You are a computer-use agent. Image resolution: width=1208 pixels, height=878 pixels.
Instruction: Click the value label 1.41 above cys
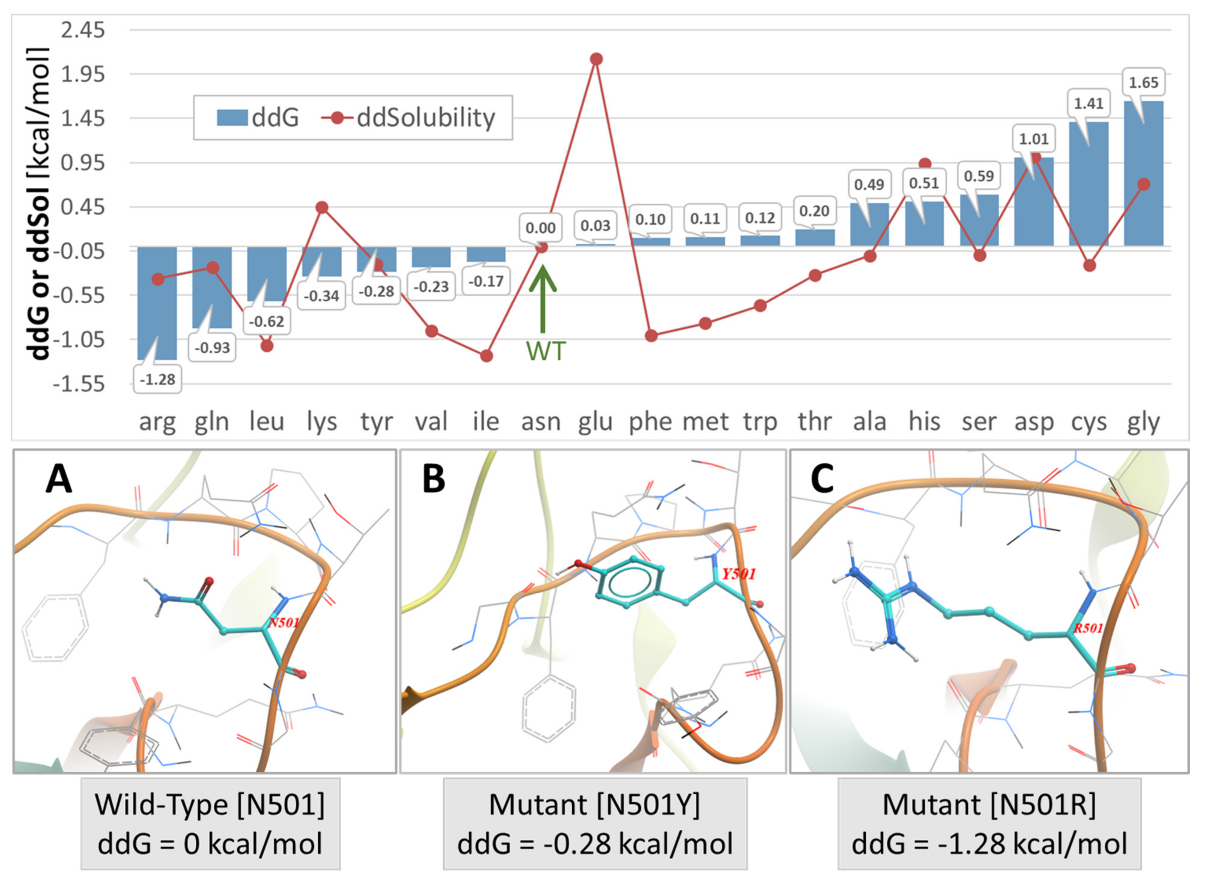tap(1088, 103)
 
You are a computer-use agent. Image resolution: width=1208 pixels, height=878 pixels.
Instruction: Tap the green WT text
tap(545, 351)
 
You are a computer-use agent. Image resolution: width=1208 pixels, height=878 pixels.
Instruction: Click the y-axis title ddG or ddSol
tap(40, 202)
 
